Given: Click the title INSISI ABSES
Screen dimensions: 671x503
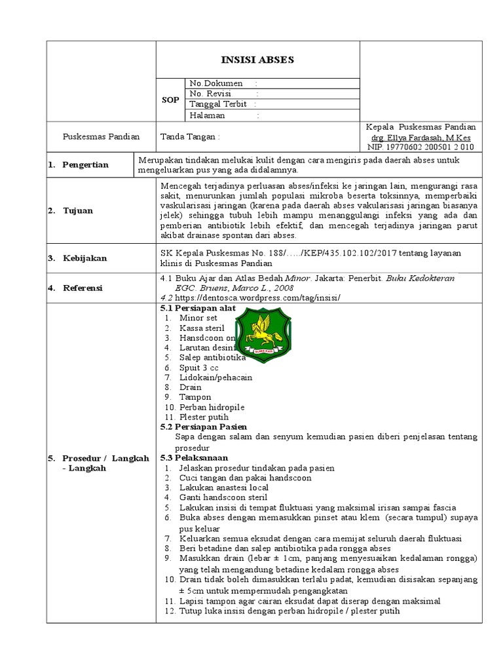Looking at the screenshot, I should pos(257,60).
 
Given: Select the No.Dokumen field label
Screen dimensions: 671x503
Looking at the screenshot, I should pos(216,83).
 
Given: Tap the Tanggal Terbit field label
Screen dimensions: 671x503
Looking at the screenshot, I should pos(218,104).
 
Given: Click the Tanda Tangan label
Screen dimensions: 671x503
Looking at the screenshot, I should pos(191,137).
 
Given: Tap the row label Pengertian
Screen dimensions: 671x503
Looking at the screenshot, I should pos(85,164).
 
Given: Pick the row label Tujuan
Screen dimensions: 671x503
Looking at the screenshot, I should pos(78,210).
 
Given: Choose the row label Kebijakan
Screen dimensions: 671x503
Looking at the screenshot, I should pos(84,259).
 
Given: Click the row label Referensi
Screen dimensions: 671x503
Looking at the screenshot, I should pos(84,288).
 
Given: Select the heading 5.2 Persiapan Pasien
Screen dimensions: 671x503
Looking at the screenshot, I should pos(204,427).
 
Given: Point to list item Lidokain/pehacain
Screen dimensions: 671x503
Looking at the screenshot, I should pos(215,377).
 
